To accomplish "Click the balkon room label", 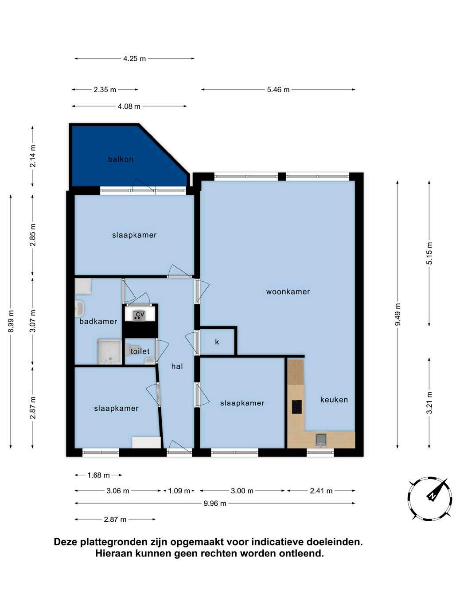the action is point(121,159).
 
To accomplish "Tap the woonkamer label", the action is point(288,292).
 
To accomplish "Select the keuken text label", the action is point(334,400).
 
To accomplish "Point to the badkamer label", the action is point(98,321).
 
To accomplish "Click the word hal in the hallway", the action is point(177,366).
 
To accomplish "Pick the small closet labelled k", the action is point(217,342).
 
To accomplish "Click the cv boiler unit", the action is point(140,315).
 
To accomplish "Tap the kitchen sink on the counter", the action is point(321,440).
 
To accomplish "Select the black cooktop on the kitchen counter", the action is point(297,407).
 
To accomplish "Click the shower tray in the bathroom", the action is point(109,352).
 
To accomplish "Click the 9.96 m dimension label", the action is point(215,504).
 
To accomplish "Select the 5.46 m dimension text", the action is point(278,90).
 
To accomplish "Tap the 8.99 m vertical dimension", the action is point(11,321).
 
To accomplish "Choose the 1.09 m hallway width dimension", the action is point(179,491).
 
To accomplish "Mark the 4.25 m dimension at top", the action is point(135,59).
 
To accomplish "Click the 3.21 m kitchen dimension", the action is point(429,403).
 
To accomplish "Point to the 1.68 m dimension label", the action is point(98,475).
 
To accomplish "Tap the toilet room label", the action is point(140,351).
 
